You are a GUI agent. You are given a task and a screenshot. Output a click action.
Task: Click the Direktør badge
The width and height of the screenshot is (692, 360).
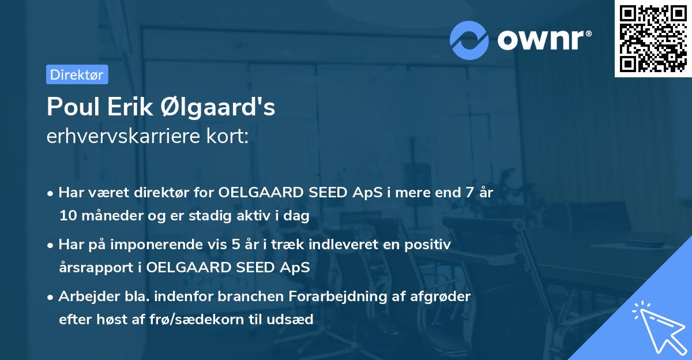(x=77, y=74)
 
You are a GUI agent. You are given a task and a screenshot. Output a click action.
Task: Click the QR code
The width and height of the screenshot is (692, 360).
(x=653, y=38)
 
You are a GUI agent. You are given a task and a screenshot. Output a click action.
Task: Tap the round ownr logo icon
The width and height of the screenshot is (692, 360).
(x=469, y=40)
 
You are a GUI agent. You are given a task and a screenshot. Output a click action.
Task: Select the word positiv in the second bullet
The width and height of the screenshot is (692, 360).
(x=427, y=245)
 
